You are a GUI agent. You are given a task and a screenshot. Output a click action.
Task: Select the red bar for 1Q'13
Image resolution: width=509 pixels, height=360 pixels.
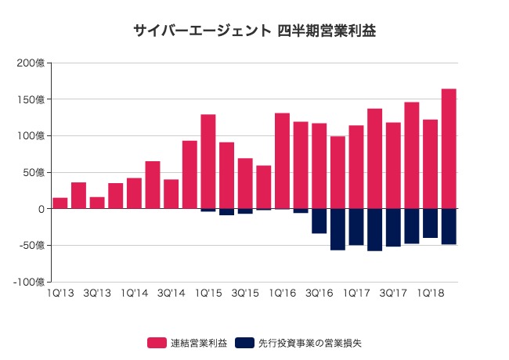(x=60, y=203)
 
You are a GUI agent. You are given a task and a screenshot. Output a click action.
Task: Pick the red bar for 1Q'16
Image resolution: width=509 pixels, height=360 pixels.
(x=282, y=161)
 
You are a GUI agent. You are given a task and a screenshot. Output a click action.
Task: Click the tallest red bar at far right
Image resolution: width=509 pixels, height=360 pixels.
(x=449, y=149)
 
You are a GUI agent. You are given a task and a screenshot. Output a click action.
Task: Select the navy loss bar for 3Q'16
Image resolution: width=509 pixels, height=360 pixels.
(x=319, y=221)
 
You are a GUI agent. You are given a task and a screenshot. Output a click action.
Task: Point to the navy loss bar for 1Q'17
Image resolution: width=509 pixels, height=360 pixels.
(x=356, y=227)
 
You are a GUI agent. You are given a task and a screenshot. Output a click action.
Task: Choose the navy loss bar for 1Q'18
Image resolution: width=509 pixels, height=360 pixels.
(x=430, y=223)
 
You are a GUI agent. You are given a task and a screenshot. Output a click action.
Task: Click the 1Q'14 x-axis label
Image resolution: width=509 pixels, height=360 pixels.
(x=134, y=293)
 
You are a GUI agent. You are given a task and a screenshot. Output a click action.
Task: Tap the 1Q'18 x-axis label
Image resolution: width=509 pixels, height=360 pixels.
(x=430, y=293)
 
